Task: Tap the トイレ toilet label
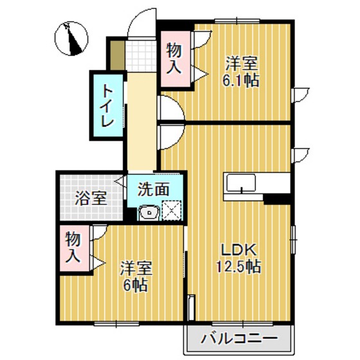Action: point(105,106)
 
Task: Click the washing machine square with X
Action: point(172,210)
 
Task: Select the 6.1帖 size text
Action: point(241,81)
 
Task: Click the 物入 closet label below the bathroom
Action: point(73,248)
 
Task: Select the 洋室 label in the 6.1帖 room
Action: point(241,64)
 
